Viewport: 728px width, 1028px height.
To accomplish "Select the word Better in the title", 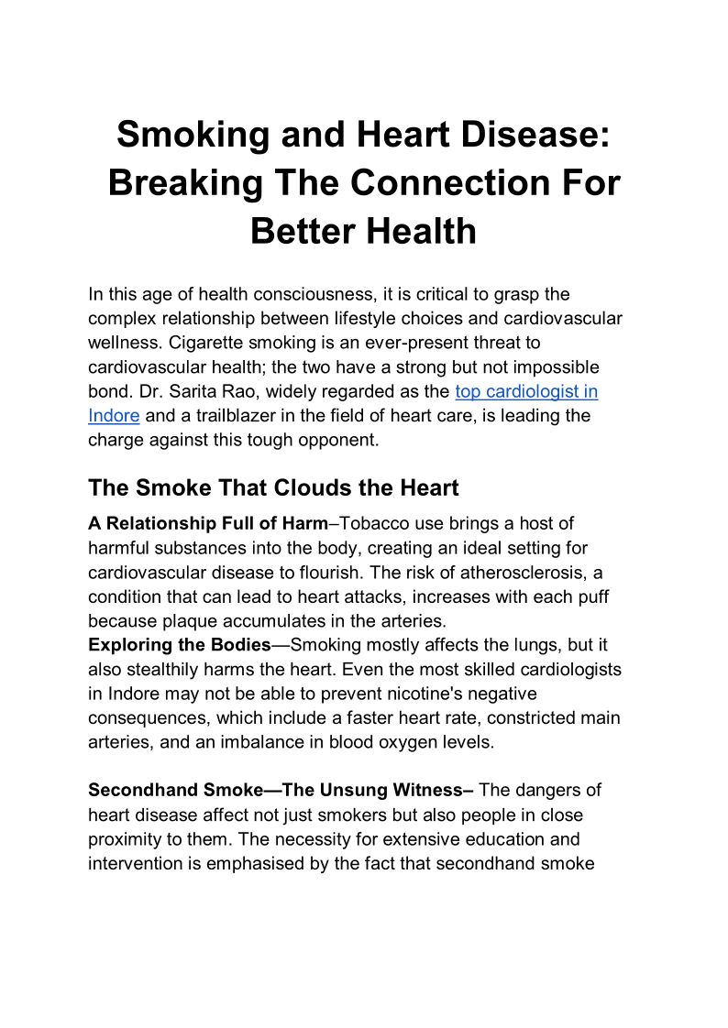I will pyautogui.click(x=302, y=230).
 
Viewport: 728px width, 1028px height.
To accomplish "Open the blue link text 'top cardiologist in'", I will pyautogui.click(x=526, y=391).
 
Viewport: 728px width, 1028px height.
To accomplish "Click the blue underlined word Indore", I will pyautogui.click(x=114, y=415).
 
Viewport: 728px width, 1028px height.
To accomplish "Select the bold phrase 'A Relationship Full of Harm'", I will pyautogui.click(x=207, y=524).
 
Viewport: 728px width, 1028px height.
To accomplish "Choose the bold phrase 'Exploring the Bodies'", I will pyautogui.click(x=180, y=645).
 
